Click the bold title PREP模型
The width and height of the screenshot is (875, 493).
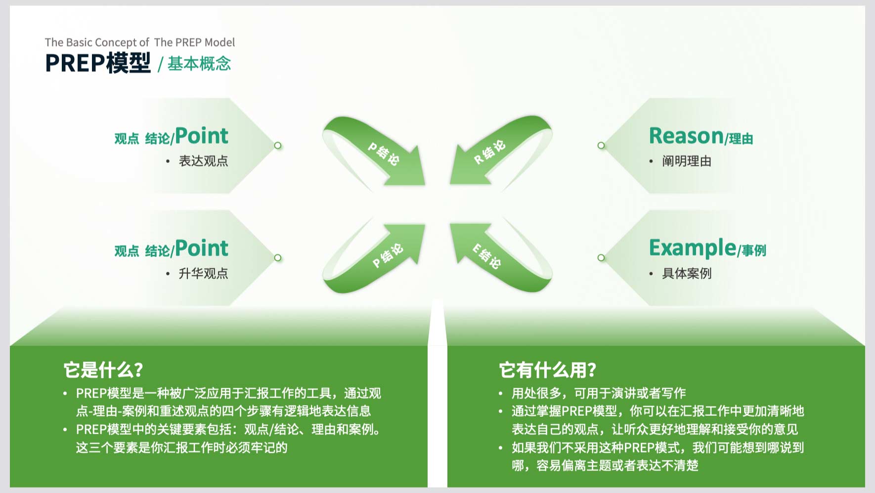click(x=98, y=63)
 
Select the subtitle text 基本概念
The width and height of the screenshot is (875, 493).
click(x=199, y=64)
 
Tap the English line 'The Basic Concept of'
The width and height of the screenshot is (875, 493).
click(x=97, y=43)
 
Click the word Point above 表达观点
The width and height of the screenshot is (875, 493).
click(x=202, y=136)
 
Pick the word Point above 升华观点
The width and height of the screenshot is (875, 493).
click(x=202, y=248)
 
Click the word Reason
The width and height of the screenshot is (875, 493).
click(x=686, y=136)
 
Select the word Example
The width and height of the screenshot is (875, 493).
click(x=693, y=248)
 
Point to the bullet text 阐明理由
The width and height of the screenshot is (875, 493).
click(x=687, y=161)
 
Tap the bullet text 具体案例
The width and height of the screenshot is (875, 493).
click(x=687, y=274)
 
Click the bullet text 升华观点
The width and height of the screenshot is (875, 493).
click(x=203, y=274)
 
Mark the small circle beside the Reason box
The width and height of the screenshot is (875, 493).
click(x=601, y=146)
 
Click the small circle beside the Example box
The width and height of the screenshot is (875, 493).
click(x=601, y=258)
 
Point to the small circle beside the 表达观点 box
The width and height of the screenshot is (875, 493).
click(x=278, y=146)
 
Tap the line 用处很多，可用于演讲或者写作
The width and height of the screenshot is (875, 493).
click(x=599, y=394)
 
